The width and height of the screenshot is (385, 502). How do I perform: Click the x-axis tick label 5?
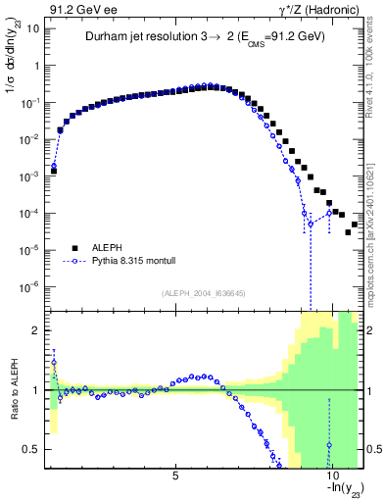coord(175,476)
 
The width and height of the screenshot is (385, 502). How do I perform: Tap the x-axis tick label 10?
coord(330,476)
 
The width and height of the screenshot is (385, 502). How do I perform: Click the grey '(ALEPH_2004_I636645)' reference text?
coord(204,294)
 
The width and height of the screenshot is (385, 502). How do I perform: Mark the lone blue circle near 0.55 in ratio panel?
coord(329,444)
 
